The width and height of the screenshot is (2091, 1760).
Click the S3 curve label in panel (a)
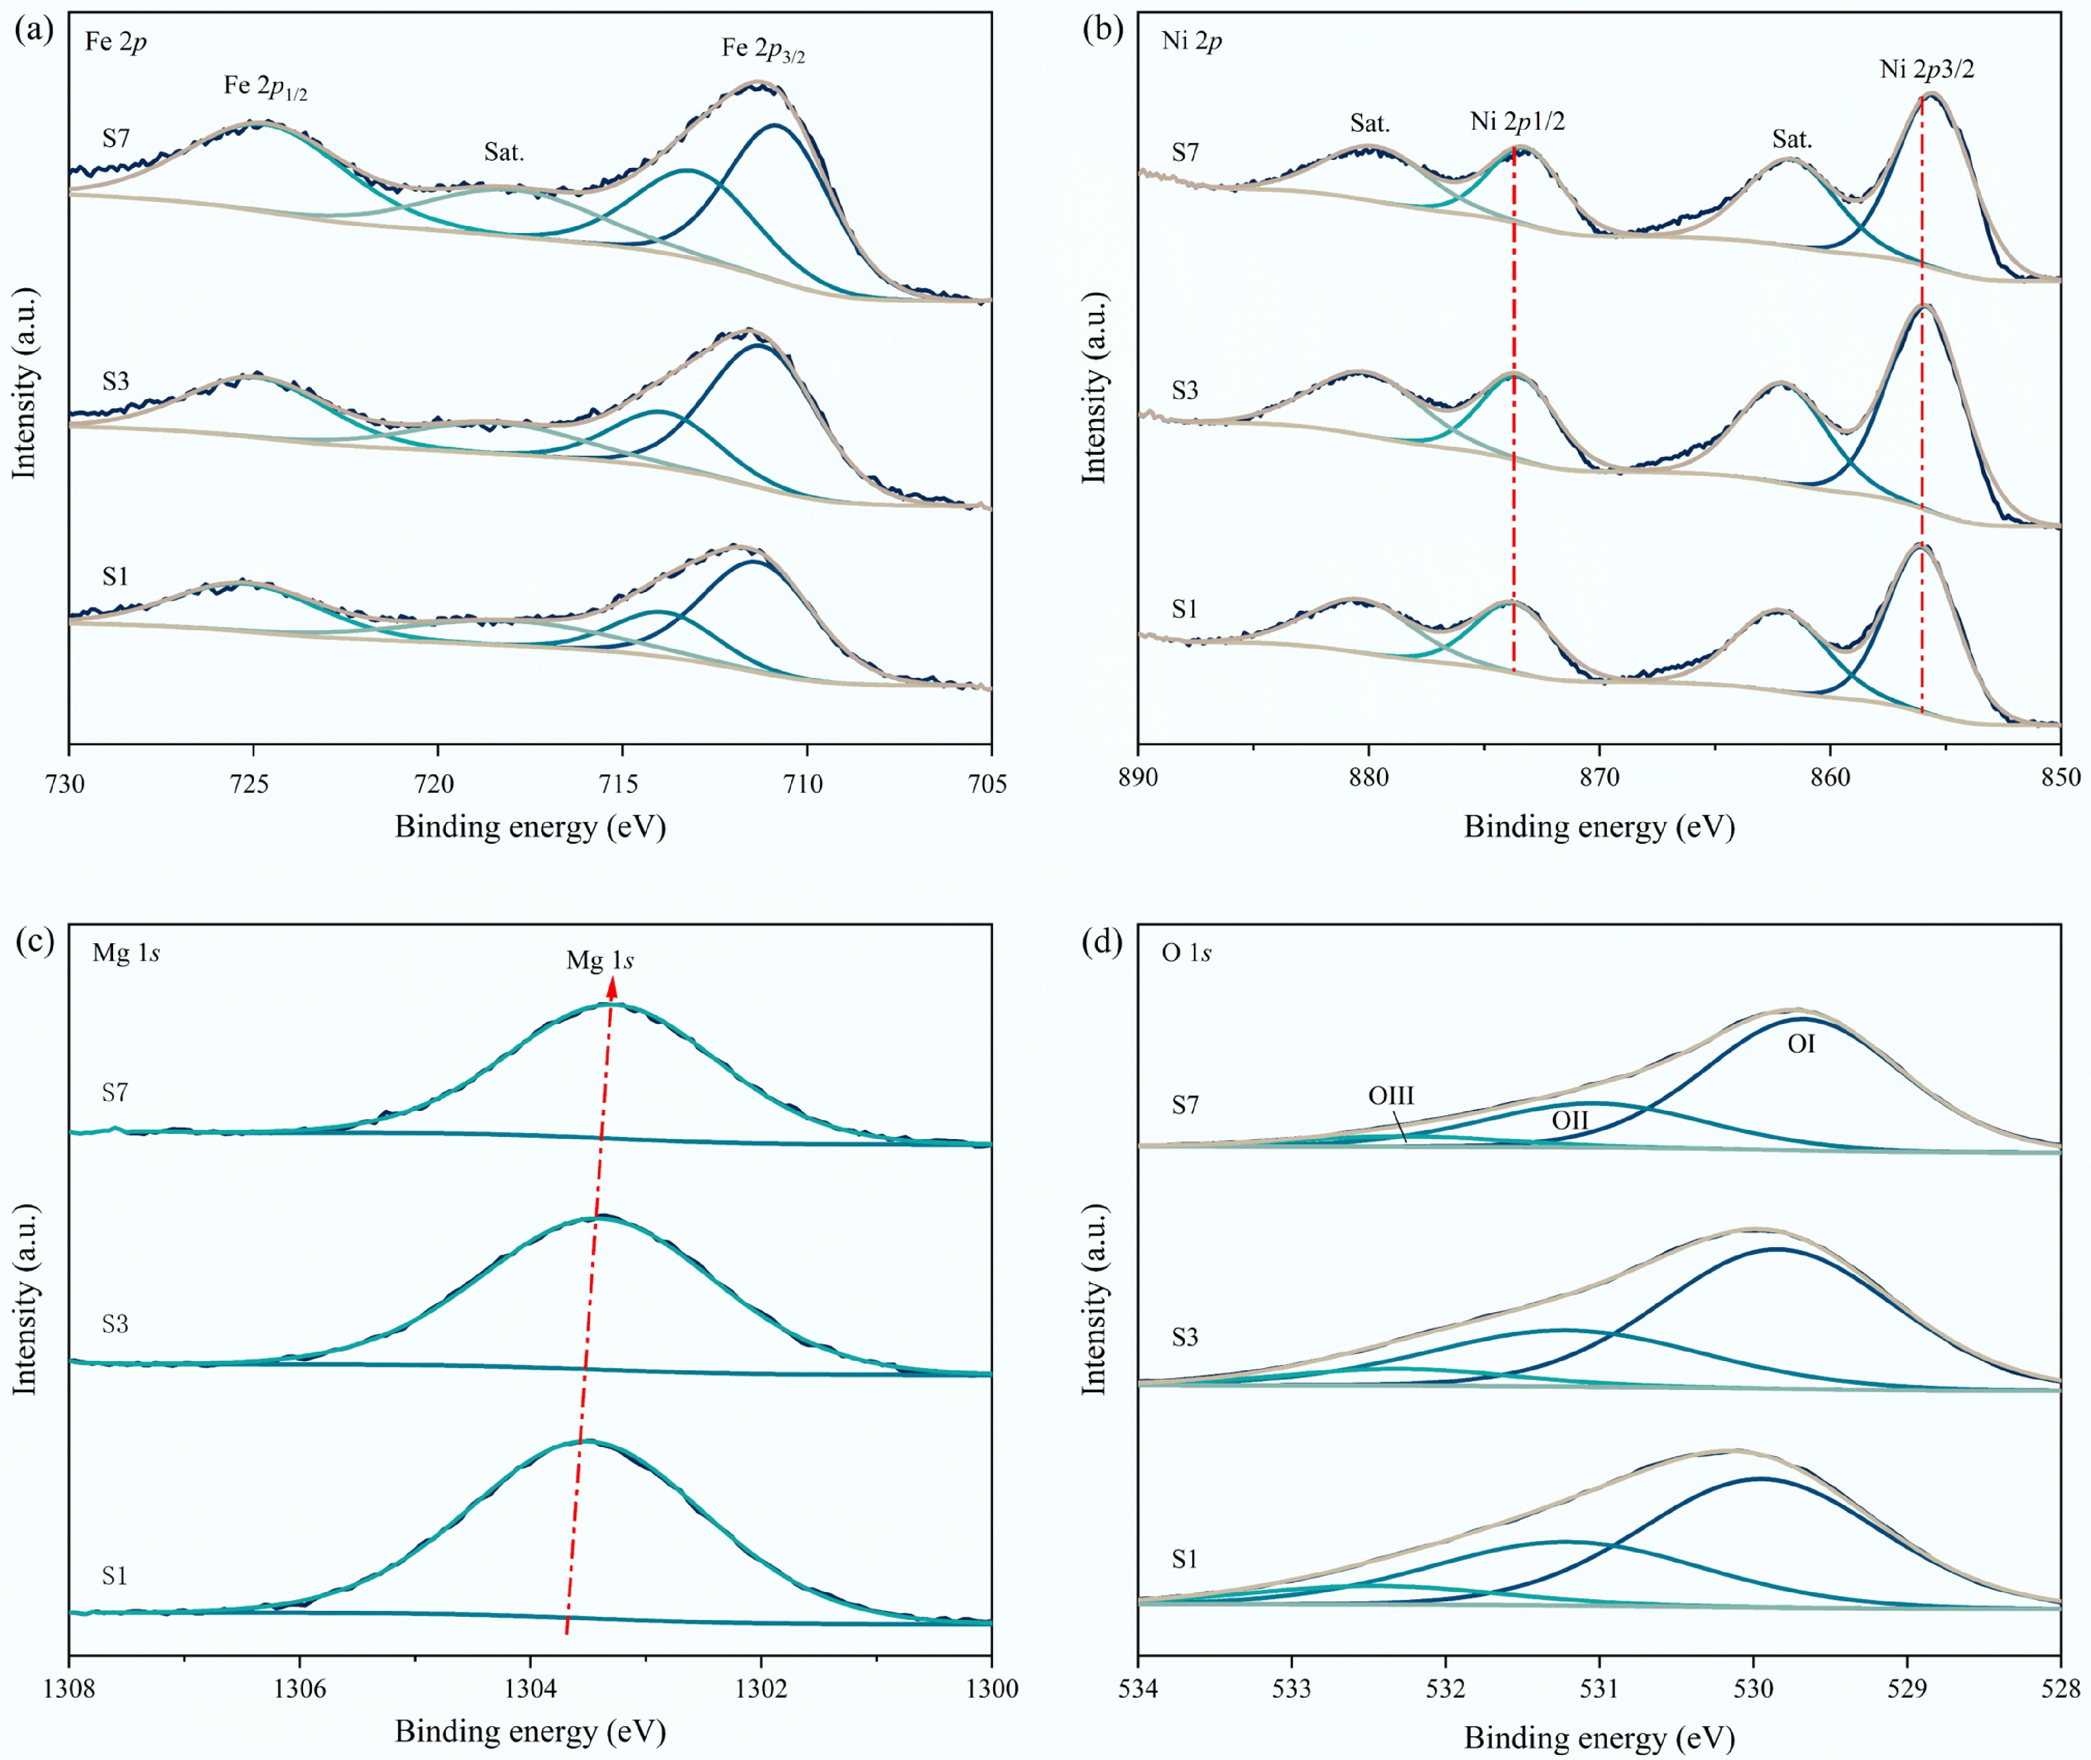coord(116,381)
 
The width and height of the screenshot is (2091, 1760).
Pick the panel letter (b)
coord(1103,29)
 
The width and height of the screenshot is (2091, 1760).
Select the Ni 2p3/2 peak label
coord(1926,69)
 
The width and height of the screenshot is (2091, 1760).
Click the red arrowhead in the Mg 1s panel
coord(613,988)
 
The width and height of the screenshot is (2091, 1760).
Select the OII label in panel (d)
coord(1569,1120)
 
